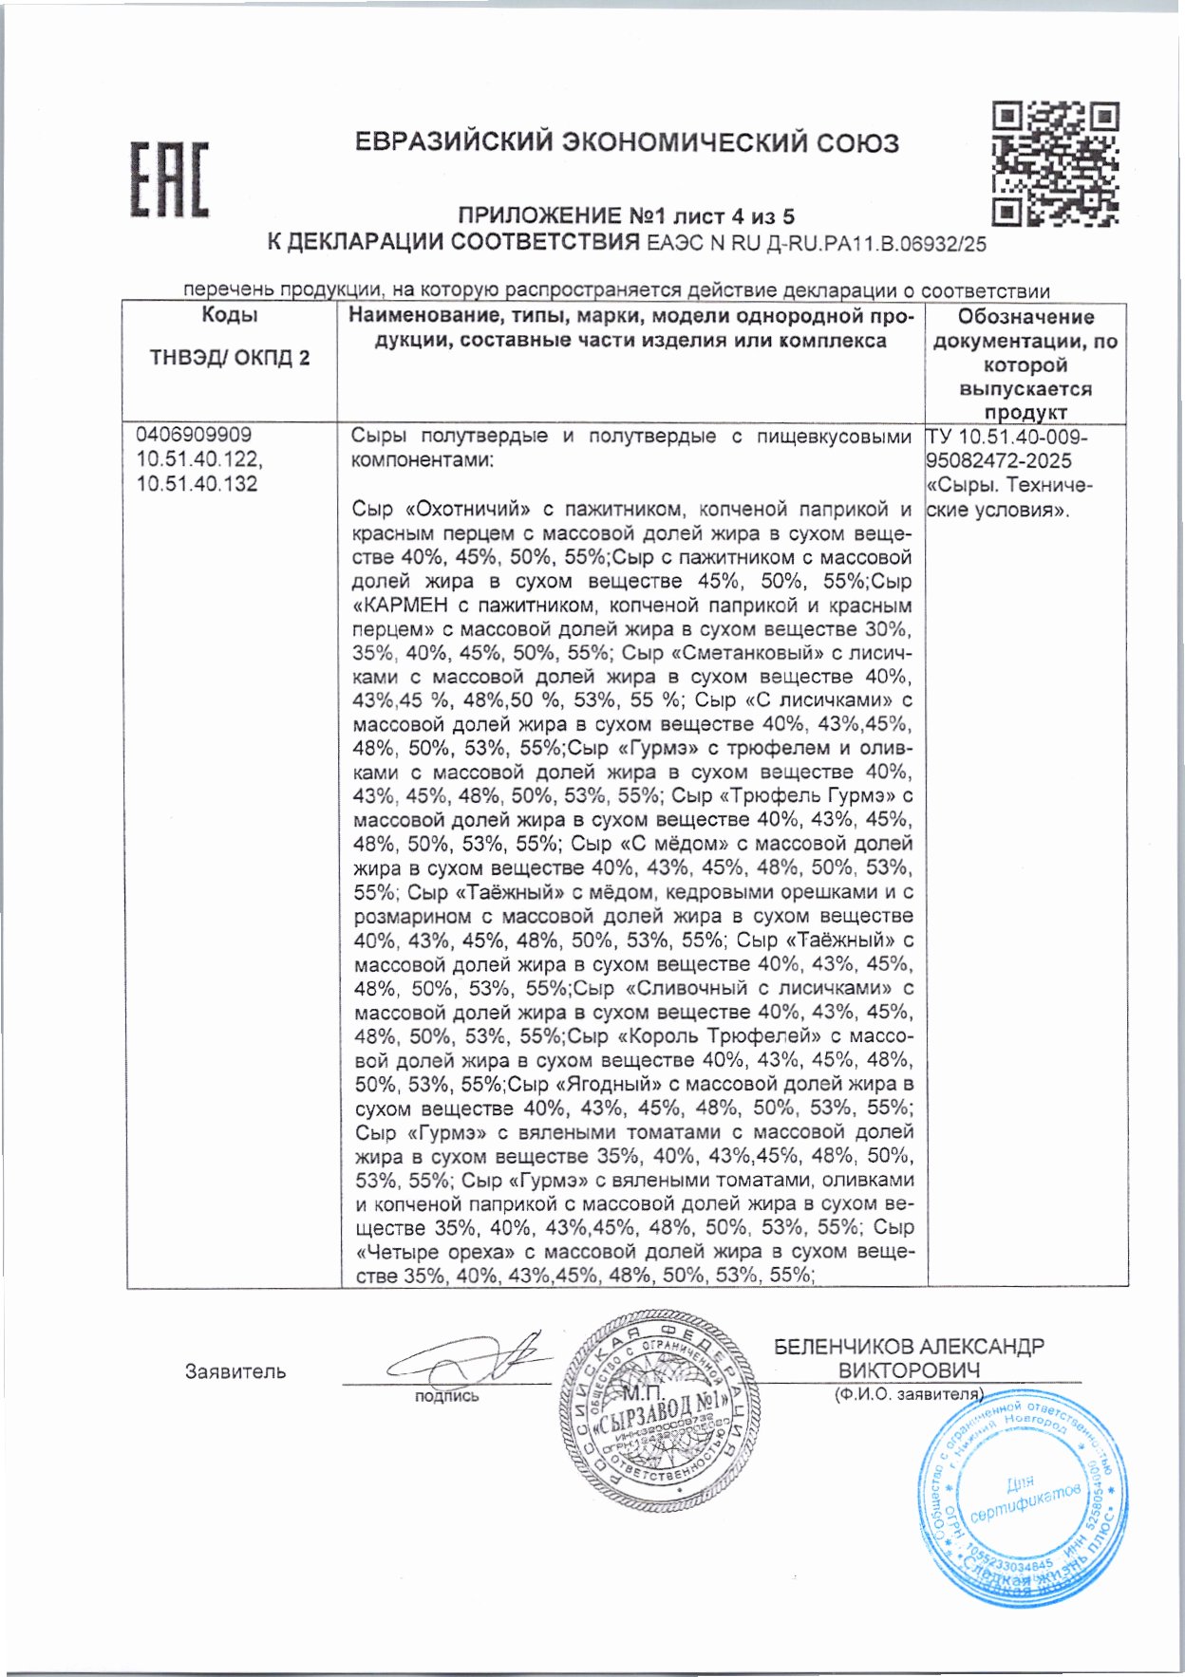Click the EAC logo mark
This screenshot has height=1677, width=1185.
(x=168, y=179)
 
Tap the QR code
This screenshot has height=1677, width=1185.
(x=1055, y=163)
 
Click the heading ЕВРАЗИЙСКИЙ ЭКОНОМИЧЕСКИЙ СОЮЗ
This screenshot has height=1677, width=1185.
(x=627, y=143)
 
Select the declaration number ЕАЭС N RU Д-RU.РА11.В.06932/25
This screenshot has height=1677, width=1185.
(x=816, y=244)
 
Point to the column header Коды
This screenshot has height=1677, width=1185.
(x=229, y=316)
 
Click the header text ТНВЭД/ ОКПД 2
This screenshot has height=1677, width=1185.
(x=229, y=358)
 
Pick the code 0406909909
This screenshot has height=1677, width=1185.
(x=194, y=435)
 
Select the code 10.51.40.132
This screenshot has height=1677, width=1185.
(x=197, y=484)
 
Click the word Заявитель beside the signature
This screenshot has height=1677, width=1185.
(x=235, y=1371)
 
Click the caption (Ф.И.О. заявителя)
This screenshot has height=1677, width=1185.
(x=909, y=1394)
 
